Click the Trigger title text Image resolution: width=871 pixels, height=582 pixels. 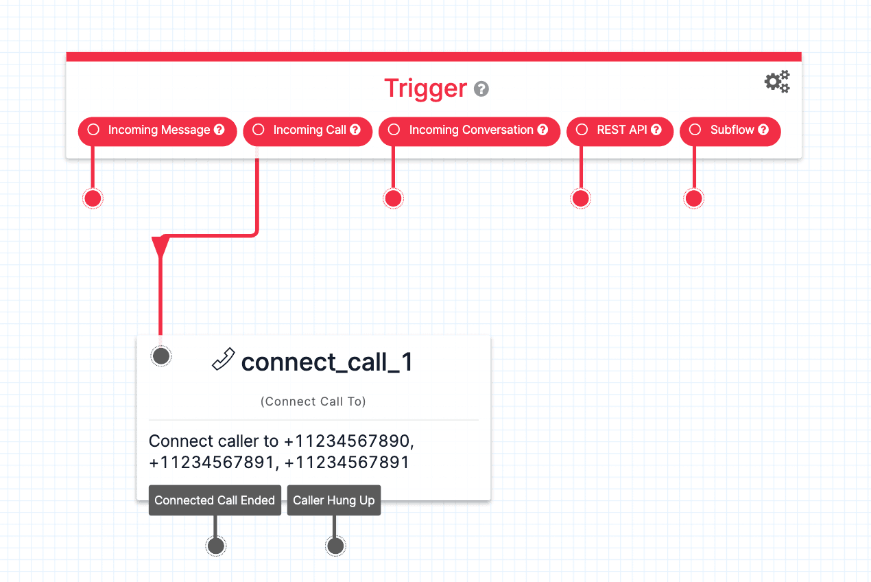425,89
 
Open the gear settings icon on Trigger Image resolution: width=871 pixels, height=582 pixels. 777,82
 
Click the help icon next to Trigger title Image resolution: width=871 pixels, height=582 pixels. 481,89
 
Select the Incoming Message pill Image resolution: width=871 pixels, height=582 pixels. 158,130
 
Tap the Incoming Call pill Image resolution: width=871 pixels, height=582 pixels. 308,130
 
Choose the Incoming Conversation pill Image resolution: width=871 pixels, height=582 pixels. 470,130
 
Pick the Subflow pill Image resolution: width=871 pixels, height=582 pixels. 730,130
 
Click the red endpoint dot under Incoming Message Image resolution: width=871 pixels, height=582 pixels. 93,198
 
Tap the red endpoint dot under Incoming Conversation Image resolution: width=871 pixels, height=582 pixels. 393,198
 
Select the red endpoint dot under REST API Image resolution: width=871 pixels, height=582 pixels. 581,198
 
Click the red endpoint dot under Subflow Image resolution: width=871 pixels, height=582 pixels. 694,198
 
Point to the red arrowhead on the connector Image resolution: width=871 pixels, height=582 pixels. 160,246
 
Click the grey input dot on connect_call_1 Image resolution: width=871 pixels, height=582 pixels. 161,356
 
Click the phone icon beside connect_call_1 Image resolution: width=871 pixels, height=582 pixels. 223,360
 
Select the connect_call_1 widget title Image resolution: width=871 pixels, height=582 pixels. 327,362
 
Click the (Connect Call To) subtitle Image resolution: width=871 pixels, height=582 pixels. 313,401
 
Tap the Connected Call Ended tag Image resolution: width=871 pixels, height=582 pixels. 215,500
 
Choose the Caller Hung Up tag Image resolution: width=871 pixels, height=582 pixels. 334,500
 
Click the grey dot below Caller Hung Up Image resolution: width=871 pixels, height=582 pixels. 335,546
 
